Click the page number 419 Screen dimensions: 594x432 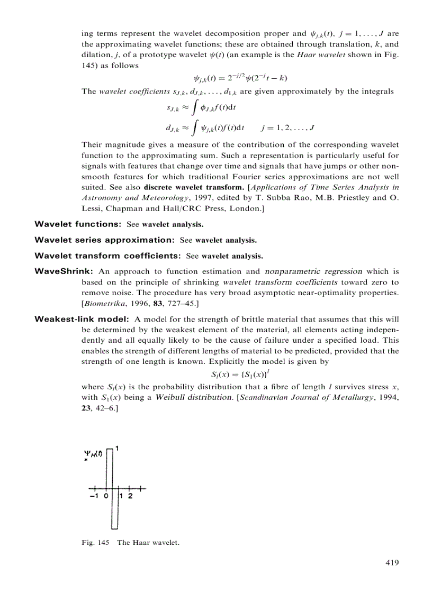tap(391, 563)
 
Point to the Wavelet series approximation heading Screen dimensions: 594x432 tap(104, 240)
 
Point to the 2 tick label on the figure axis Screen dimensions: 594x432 tap(130, 497)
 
